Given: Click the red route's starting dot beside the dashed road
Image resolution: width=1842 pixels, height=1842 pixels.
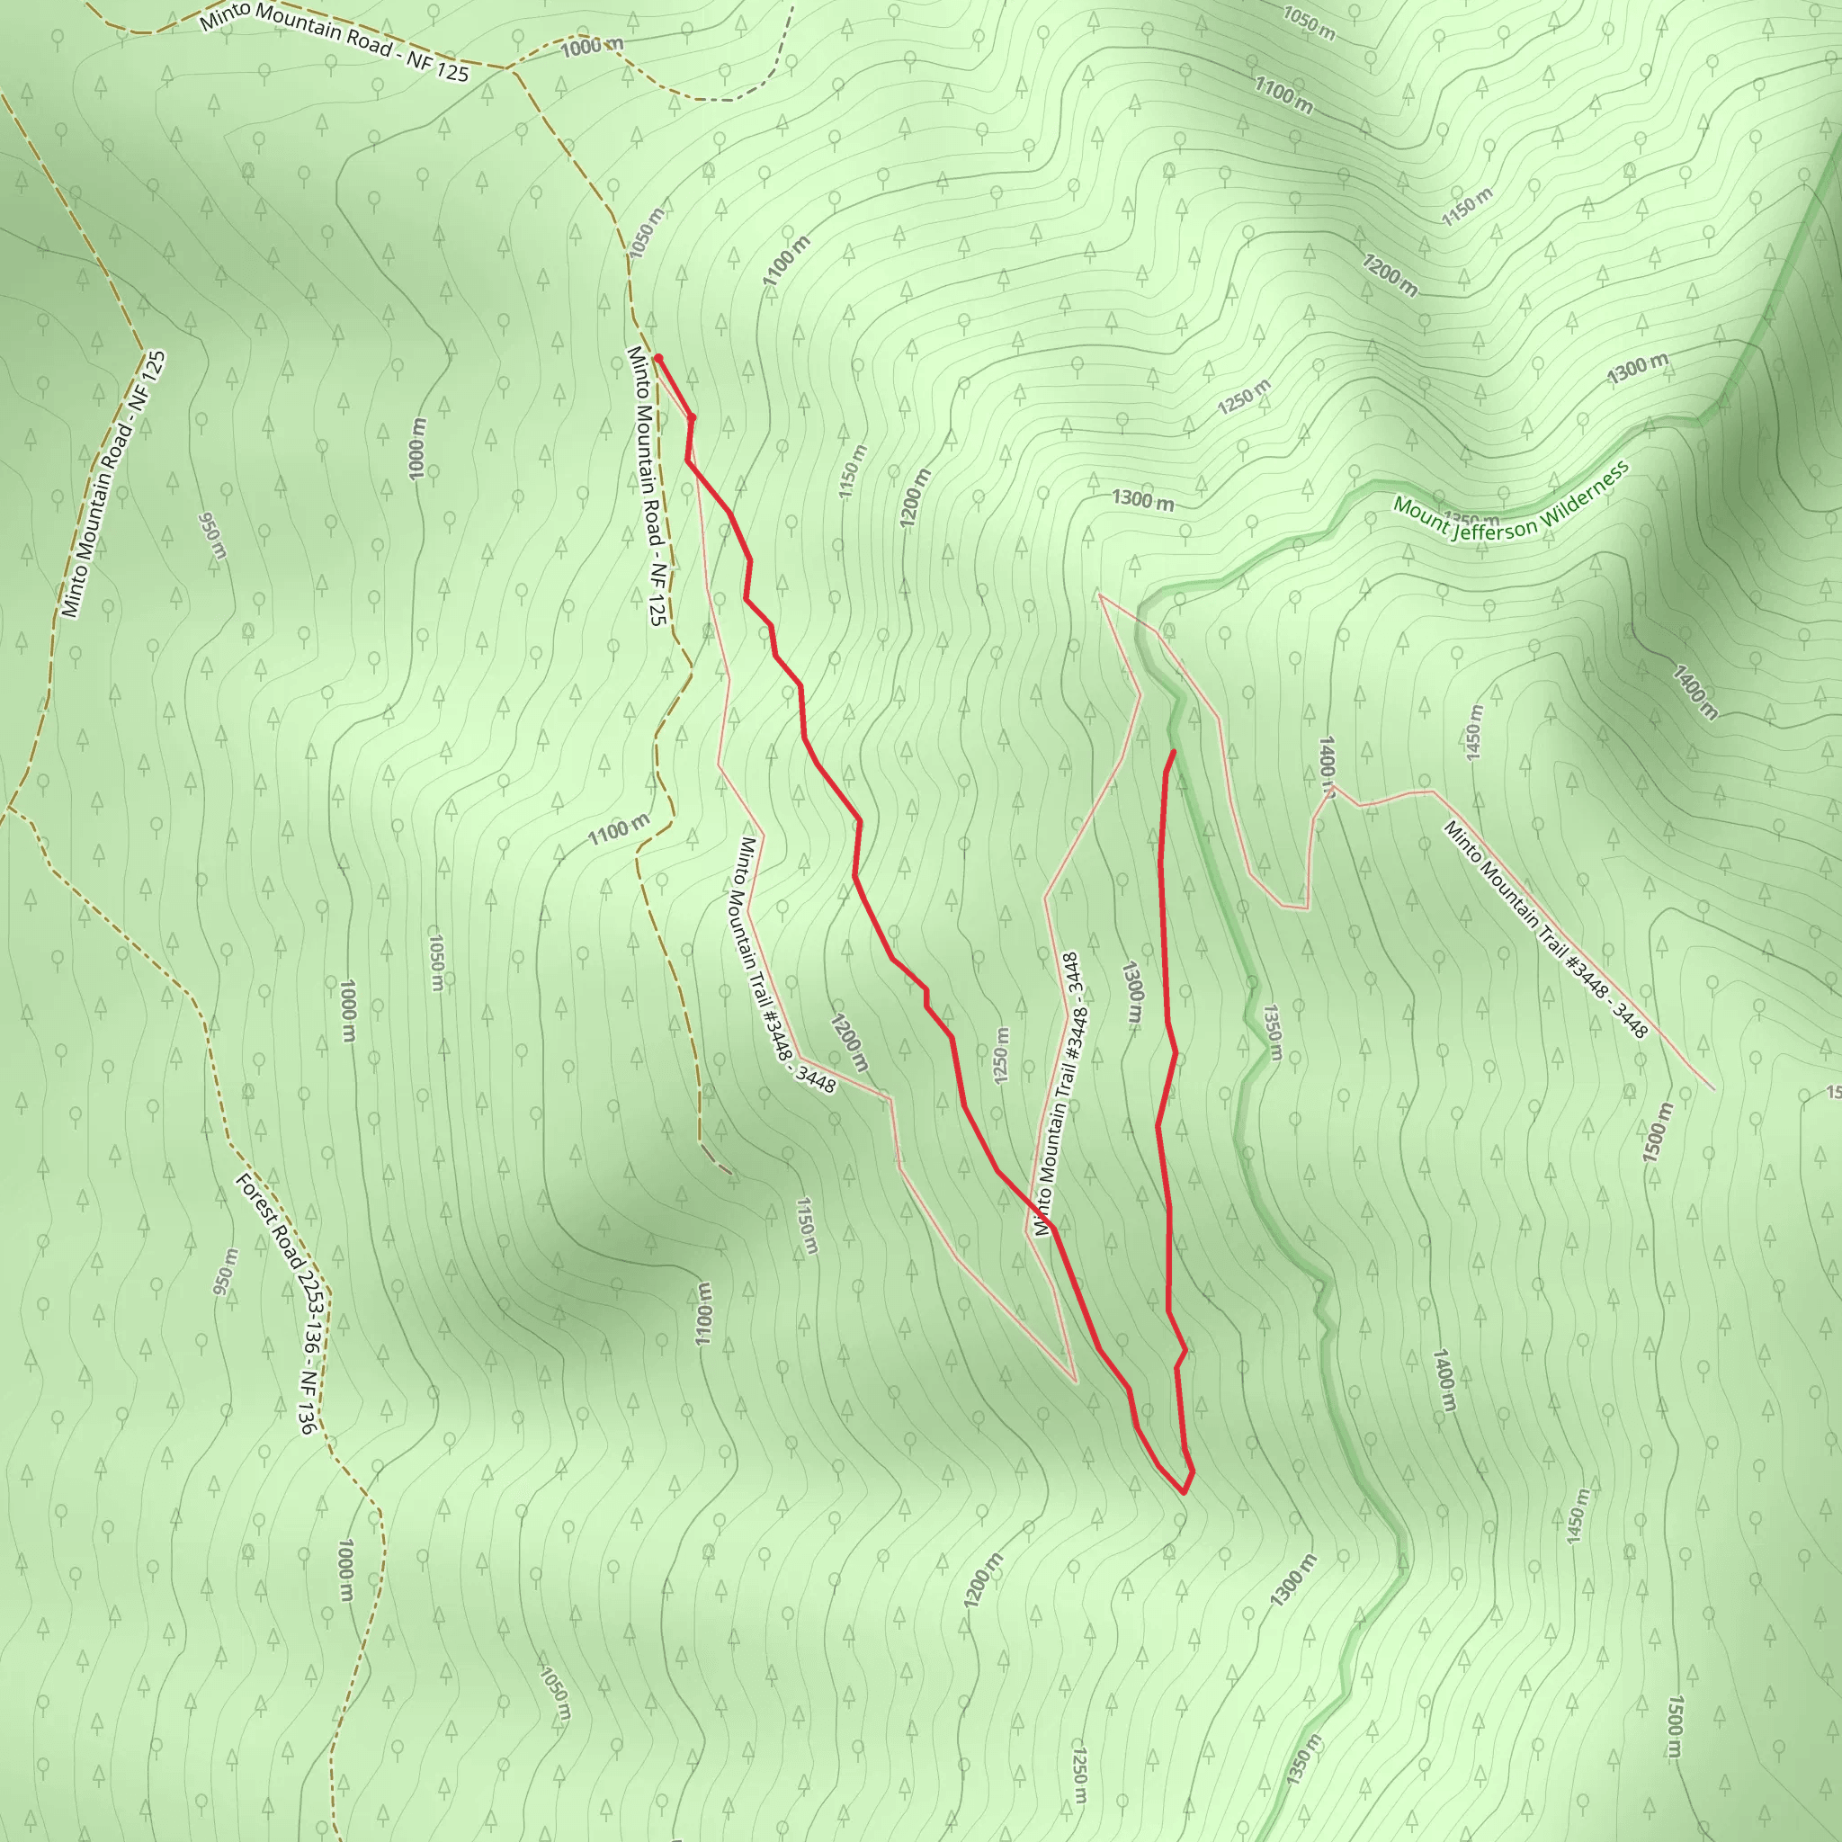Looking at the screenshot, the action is pyautogui.click(x=657, y=359).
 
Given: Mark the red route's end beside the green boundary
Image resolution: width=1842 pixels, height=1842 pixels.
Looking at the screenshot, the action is pyautogui.click(x=1173, y=752).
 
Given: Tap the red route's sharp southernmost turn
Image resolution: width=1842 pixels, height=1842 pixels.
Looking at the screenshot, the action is pyautogui.click(x=1185, y=1493).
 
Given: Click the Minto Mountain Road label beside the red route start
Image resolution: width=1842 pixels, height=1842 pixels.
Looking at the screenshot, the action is pyautogui.click(x=646, y=487).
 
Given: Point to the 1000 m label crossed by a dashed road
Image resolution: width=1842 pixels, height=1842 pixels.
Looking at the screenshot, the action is pyautogui.click(x=591, y=45).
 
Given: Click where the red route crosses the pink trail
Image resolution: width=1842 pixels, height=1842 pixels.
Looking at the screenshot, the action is pyautogui.click(x=1047, y=1222).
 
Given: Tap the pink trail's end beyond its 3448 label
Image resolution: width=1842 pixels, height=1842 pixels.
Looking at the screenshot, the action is pyautogui.click(x=1713, y=1089).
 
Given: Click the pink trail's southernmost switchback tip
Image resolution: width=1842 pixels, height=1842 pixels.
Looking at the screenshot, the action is pyautogui.click(x=1076, y=1381).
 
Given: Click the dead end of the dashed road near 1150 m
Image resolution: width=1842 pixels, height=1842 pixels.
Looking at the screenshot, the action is pyautogui.click(x=731, y=1174).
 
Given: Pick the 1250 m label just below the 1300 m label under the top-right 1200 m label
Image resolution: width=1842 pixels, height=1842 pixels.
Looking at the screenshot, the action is pyautogui.click(x=1243, y=398).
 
